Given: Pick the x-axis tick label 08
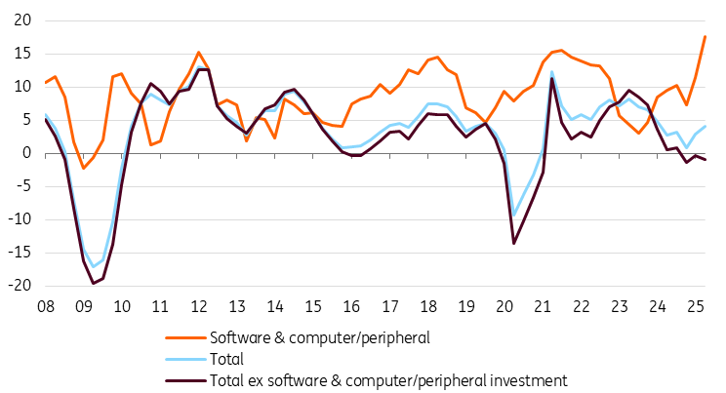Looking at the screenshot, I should tap(45, 307).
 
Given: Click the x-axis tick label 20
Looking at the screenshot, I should tap(505, 307).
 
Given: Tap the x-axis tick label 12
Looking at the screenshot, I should tap(198, 307).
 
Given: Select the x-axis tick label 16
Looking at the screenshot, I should tap(352, 307).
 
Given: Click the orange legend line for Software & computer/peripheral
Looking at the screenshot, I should tap(186, 337).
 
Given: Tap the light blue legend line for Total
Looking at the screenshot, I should tap(186, 359).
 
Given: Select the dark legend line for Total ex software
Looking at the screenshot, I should tap(186, 379).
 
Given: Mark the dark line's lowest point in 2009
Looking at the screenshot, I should tap(93, 283).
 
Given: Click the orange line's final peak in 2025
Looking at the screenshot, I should tap(705, 36).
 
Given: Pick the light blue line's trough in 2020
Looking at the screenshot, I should tap(514, 215).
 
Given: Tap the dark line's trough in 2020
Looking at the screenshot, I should tap(514, 243).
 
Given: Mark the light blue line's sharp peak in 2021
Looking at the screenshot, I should tap(552, 71).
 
